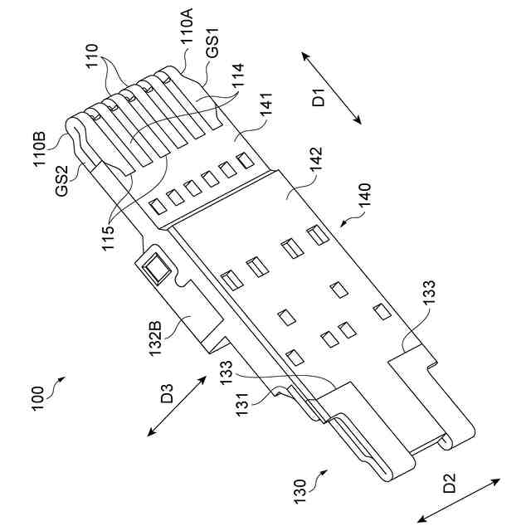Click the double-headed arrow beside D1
point(331,87)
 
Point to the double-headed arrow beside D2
point(460,499)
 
